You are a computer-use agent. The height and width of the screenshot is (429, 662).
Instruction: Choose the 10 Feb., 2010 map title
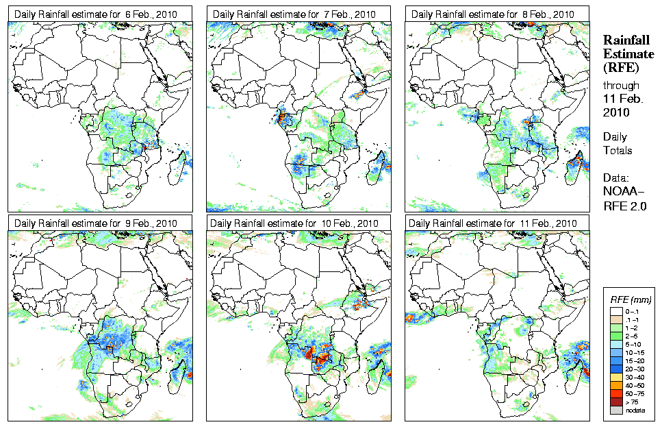(x=295, y=223)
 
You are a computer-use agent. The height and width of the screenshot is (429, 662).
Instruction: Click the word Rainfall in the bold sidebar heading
(x=624, y=40)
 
